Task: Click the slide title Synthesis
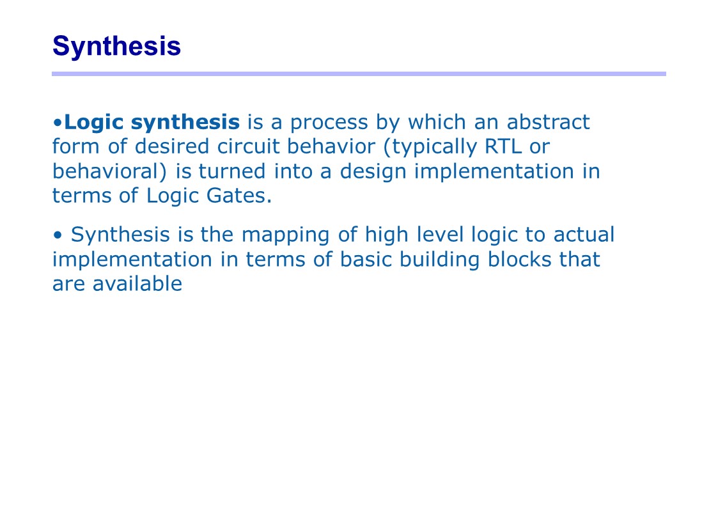116,47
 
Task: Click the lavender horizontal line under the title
359,74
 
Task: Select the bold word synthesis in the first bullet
185,123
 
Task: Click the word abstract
548,122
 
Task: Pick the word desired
172,146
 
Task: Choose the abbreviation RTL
503,147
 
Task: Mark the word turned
231,171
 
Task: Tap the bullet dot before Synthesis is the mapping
58,235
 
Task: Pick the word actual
584,234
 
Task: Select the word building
439,260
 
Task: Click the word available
137,283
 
